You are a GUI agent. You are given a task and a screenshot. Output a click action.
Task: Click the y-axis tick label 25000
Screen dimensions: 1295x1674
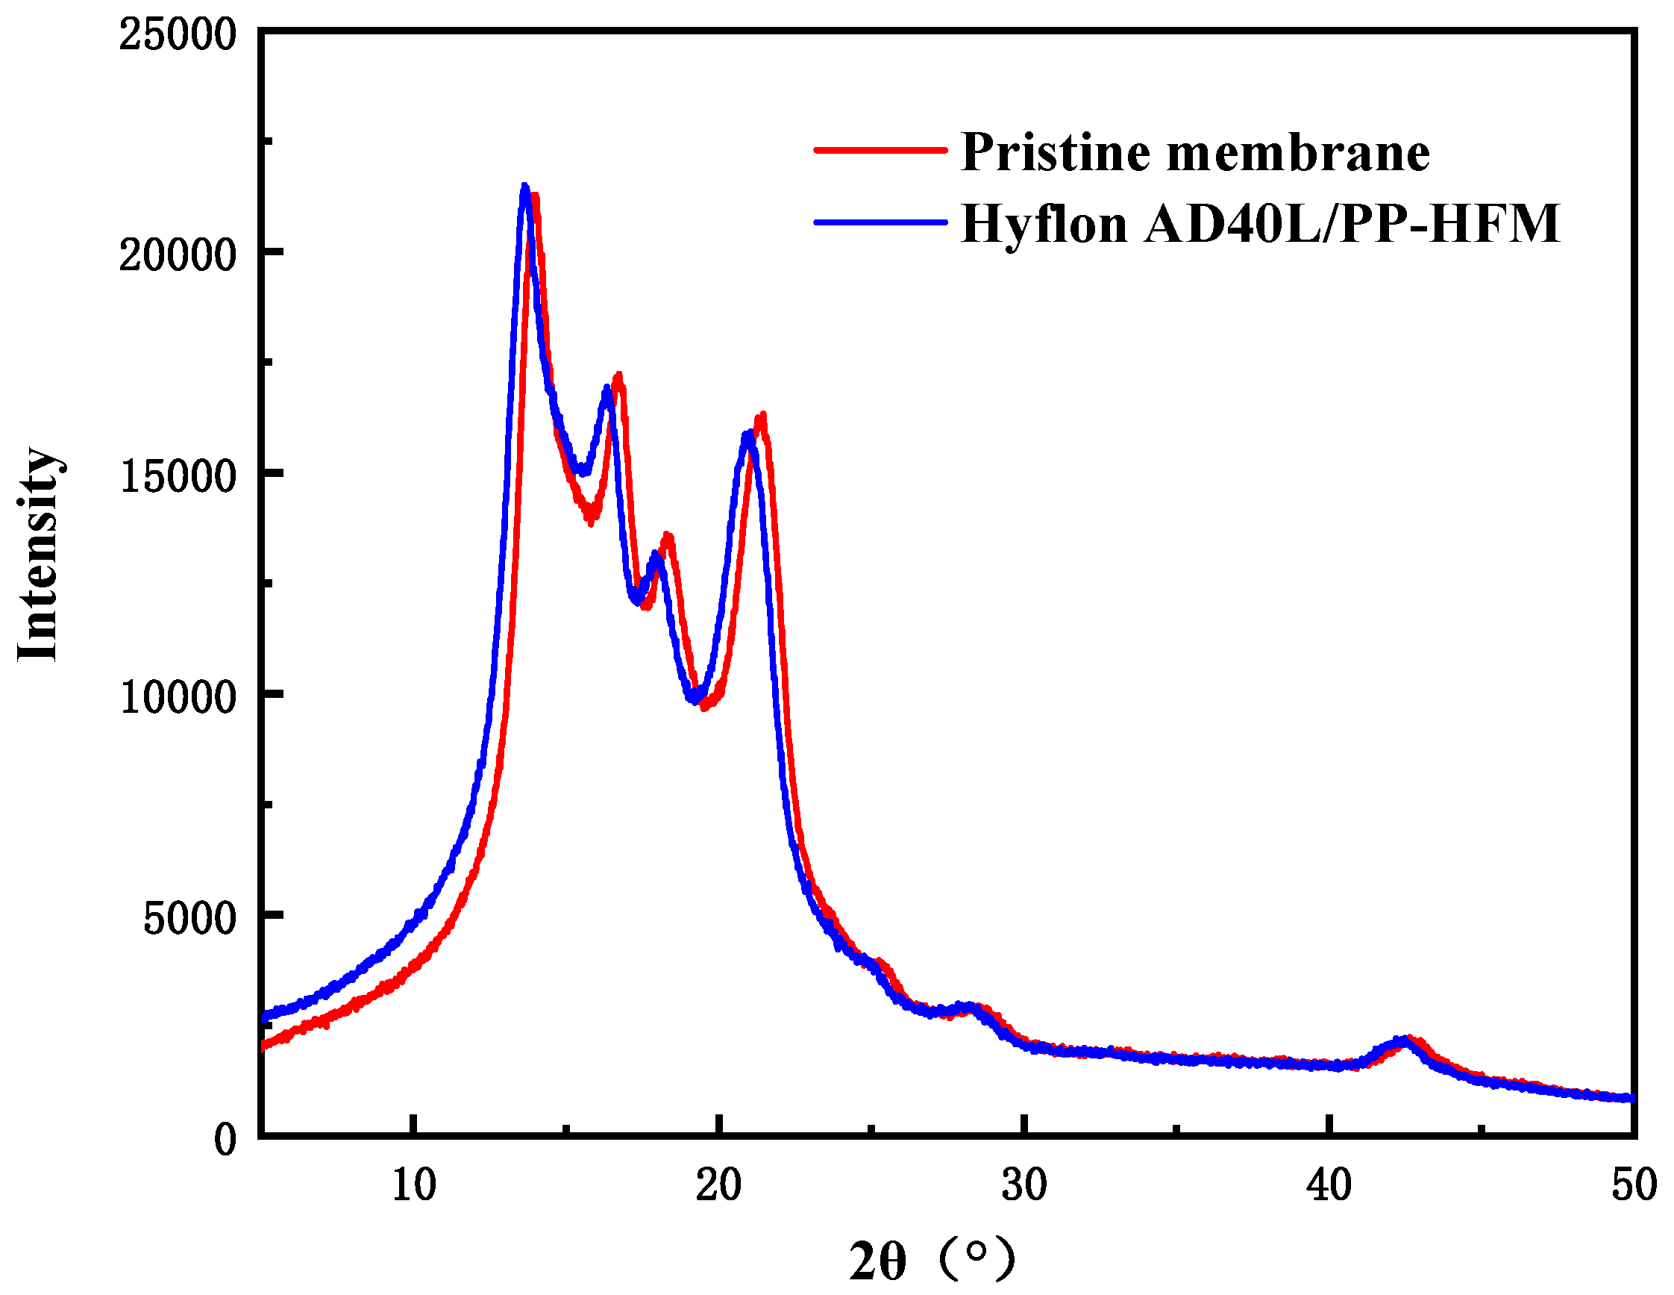(177, 35)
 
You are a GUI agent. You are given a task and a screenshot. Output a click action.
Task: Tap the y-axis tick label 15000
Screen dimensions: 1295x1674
(177, 476)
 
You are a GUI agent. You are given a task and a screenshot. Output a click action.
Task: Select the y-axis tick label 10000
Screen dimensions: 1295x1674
(177, 697)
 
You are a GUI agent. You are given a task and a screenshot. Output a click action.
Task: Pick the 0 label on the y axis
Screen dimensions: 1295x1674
(225, 1139)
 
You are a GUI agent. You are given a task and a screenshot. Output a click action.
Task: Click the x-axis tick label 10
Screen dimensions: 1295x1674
(413, 1185)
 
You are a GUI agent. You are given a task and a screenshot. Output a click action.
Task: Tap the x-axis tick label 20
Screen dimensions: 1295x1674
(718, 1185)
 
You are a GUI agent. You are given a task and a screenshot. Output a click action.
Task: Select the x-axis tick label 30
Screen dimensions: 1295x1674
(1024, 1185)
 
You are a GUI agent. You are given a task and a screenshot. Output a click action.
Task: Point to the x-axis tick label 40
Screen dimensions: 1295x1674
(1329, 1185)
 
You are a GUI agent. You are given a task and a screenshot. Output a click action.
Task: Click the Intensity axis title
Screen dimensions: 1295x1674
(38, 554)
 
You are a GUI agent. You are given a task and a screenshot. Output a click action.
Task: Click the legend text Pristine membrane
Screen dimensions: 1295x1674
(1195, 152)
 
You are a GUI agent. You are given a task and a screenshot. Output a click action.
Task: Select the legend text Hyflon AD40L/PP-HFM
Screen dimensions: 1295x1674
(1260, 224)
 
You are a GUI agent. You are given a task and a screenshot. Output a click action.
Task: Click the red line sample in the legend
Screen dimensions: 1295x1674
(881, 150)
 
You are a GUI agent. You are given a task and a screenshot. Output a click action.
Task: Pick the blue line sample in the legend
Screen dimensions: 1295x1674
(881, 222)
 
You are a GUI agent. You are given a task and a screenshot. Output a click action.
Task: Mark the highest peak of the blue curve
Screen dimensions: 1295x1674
(525, 187)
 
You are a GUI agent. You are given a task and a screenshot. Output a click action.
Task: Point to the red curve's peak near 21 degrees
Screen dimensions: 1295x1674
(761, 418)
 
